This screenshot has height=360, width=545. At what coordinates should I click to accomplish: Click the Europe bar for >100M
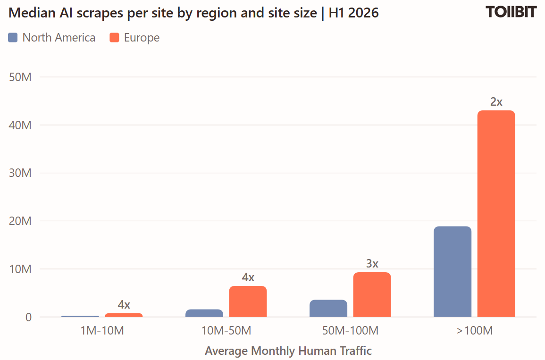496,214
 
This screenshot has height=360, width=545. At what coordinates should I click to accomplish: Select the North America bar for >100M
453,272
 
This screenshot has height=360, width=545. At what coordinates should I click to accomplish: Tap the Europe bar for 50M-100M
372,295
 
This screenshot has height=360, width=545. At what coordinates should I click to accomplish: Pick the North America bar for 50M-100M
328,308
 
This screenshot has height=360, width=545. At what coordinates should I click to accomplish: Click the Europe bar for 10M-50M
248,301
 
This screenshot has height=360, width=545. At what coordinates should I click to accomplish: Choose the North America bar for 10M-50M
204,313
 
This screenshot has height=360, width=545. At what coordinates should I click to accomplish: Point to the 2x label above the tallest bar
496,102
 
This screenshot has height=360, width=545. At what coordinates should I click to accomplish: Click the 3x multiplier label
372,263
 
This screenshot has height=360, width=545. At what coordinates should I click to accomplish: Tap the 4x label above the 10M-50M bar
248,277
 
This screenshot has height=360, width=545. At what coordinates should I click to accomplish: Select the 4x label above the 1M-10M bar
124,304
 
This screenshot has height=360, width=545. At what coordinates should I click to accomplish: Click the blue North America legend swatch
13,38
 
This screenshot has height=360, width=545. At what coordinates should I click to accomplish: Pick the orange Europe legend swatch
114,38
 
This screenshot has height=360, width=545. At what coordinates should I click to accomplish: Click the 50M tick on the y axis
20,77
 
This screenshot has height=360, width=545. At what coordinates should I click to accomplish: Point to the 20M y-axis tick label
20,221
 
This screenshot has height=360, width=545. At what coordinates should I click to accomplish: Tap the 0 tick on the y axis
28,317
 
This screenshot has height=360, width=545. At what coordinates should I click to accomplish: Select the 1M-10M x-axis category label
102,330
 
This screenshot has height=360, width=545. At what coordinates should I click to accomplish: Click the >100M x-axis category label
475,330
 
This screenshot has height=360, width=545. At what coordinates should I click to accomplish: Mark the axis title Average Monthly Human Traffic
288,351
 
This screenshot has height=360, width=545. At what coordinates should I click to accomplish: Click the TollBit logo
511,12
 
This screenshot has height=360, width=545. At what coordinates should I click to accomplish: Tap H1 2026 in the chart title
353,13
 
